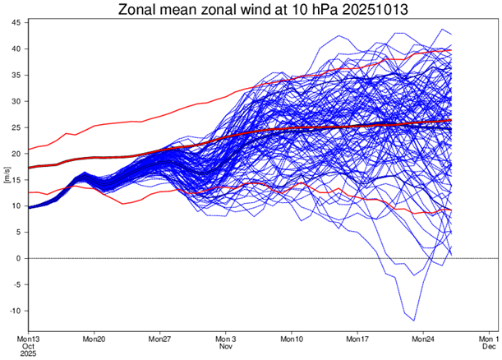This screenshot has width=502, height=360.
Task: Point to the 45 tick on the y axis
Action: click(x=17, y=23)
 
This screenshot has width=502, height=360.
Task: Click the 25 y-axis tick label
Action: click(x=17, y=127)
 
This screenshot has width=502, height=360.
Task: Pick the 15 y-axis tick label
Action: click(x=17, y=180)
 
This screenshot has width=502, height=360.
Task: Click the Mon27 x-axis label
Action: click(x=160, y=339)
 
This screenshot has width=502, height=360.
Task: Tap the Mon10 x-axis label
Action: click(x=292, y=339)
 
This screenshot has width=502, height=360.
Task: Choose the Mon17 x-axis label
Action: click(x=357, y=339)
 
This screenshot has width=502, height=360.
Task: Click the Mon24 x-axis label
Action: click(x=423, y=339)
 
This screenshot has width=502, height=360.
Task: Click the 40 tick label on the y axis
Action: click(x=17, y=49)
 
